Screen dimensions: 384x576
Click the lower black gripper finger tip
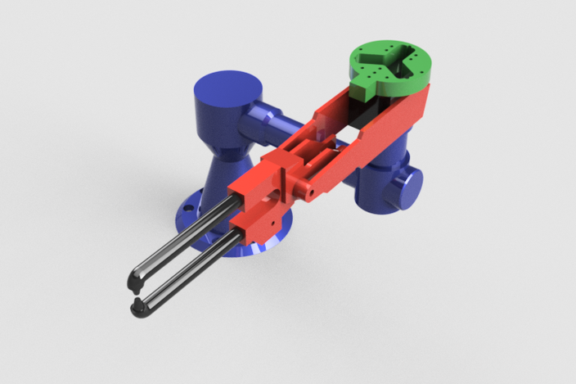click(139, 309)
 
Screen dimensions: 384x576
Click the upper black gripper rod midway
click(184, 237)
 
